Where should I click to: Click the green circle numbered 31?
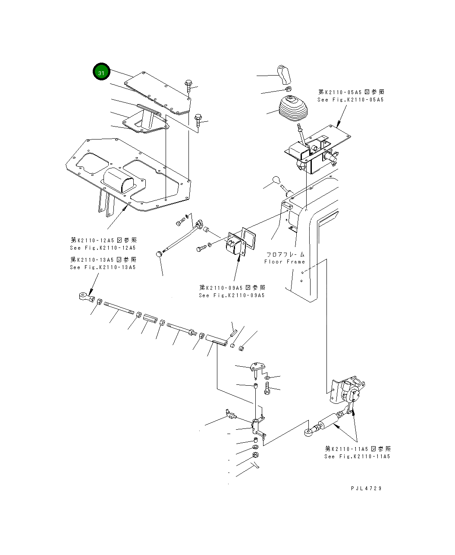point(101,73)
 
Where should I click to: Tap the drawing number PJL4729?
point(366,488)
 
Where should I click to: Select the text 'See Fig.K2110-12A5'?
point(103,248)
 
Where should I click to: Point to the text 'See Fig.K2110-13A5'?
point(103,267)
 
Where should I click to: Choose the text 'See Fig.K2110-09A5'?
point(232,295)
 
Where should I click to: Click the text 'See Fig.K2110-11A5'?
point(357,457)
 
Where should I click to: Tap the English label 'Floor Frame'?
point(284,262)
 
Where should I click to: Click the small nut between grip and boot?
point(289,89)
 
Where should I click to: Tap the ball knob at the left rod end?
point(160,254)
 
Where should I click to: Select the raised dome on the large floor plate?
point(119,180)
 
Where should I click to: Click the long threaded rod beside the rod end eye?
point(119,309)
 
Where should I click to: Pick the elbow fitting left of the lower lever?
point(230,415)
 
